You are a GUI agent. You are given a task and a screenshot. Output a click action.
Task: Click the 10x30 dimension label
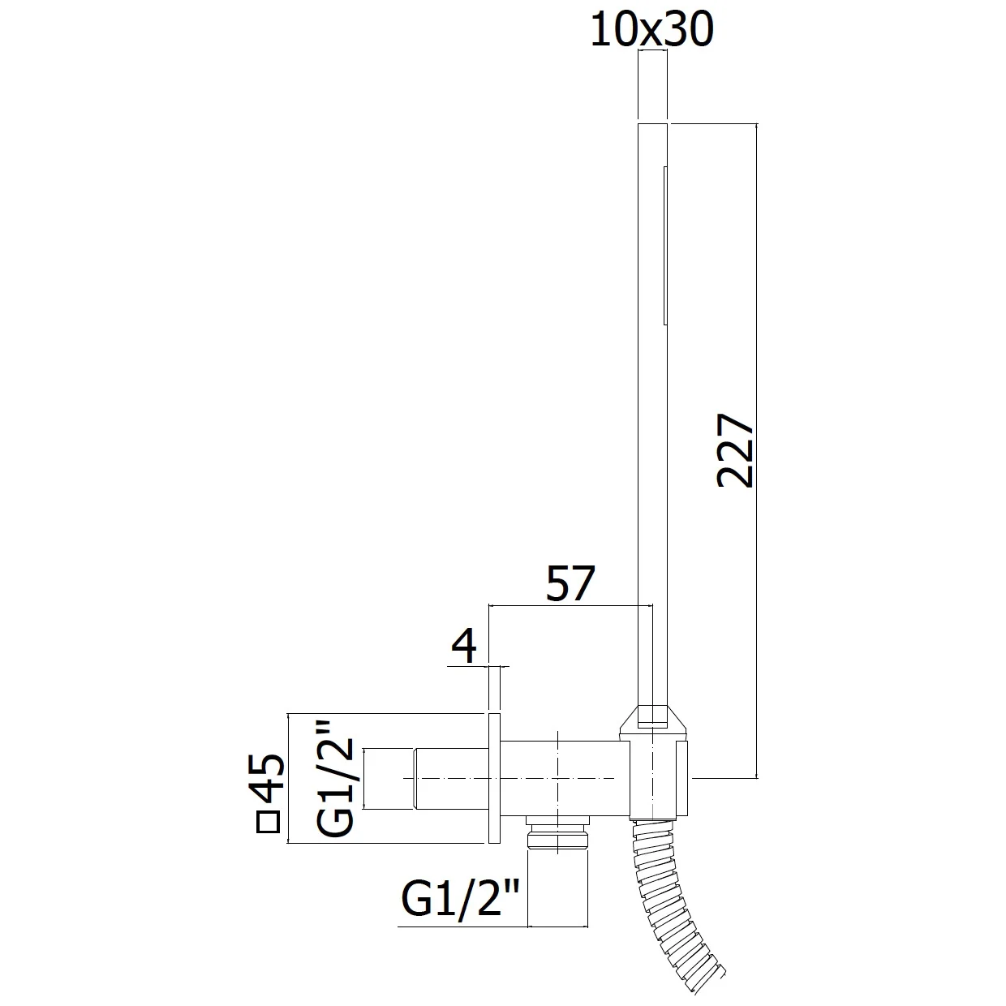pyautogui.click(x=651, y=30)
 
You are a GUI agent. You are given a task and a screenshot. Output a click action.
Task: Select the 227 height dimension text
pyautogui.click(x=735, y=450)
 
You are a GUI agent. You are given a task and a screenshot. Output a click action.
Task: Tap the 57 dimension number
pyautogui.click(x=570, y=583)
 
